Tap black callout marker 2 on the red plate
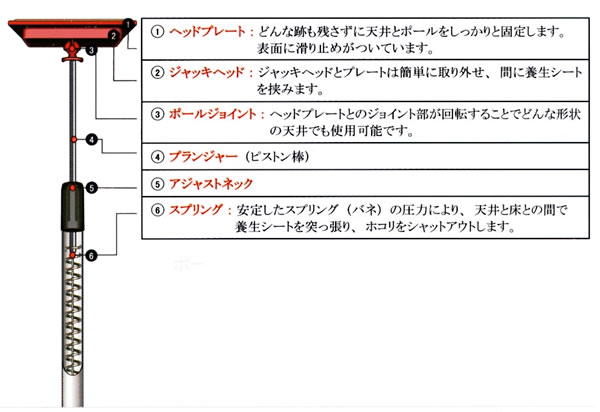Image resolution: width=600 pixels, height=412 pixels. (x=115, y=36)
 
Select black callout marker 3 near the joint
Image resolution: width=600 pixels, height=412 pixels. (x=91, y=48)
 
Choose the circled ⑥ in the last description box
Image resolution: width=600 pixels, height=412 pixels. (x=157, y=211)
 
